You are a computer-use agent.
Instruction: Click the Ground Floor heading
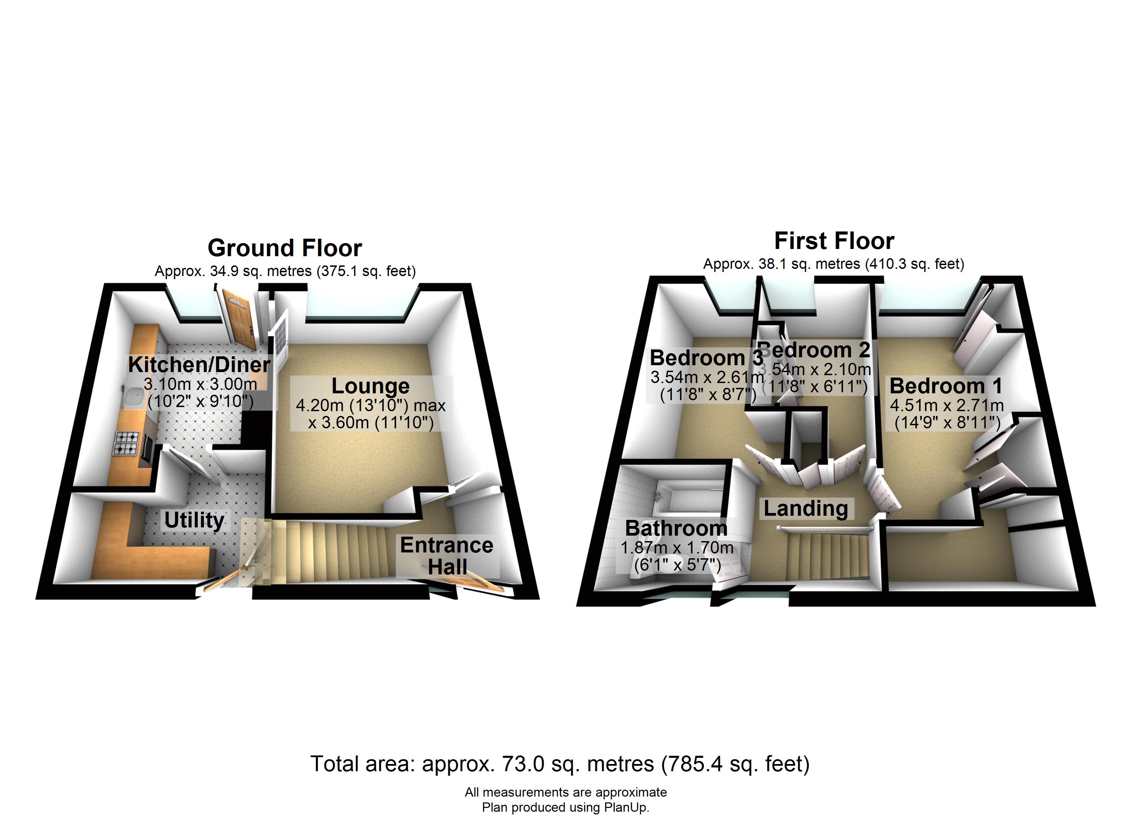point(284,248)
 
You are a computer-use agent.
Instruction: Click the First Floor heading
point(834,241)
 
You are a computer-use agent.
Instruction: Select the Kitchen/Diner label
point(199,364)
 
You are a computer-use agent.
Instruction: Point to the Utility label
point(194,520)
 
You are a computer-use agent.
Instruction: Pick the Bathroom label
point(676,528)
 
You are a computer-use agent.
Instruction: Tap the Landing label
point(805,508)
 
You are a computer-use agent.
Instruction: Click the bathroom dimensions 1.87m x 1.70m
point(677,548)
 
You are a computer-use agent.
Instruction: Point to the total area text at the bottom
point(559,764)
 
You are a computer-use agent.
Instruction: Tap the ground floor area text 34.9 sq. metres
point(285,271)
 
